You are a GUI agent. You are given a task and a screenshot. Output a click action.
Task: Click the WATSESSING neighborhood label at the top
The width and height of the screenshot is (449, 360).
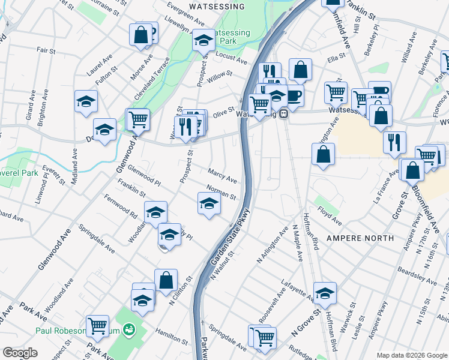pos(217,7)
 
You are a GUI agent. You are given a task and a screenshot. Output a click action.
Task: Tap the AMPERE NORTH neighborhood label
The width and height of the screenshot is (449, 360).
pos(360,238)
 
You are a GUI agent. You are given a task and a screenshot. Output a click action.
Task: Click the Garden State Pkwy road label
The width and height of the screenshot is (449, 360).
pos(229,244)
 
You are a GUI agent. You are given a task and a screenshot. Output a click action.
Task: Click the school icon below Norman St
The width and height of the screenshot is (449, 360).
pos(209,203)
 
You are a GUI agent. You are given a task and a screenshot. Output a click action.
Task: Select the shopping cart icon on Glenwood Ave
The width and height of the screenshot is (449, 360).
pos(137,118)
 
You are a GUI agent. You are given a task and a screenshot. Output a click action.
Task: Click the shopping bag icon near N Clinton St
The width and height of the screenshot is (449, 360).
pos(166,280)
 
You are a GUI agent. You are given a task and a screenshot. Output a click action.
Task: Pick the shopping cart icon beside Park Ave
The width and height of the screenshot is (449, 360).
pos(97,326)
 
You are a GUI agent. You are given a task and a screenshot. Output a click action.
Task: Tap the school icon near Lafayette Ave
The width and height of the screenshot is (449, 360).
pos(325,293)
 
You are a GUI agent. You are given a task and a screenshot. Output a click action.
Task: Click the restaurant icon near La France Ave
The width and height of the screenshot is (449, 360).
pos(394,142)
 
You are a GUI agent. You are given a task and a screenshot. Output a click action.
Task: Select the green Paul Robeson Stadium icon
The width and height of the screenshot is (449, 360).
pos(128,329)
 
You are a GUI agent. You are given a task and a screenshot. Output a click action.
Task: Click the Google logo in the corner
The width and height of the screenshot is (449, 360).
pos(20,353)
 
